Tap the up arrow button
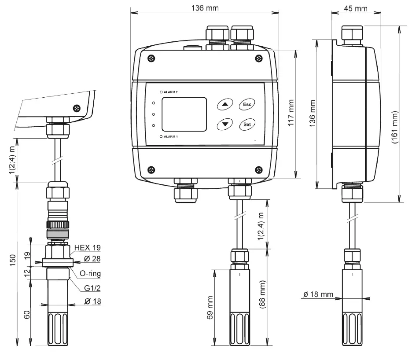225,105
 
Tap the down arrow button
225,124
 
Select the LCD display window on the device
184,114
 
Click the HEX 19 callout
88,247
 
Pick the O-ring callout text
89,274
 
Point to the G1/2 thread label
87,288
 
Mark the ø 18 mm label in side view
319,294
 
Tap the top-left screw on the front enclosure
151,58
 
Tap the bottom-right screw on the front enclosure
258,170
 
